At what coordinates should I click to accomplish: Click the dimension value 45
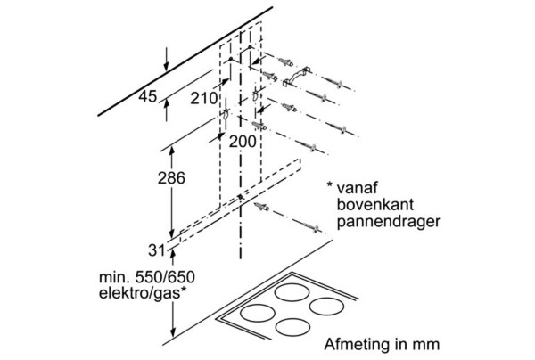147,97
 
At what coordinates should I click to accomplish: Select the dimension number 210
204,99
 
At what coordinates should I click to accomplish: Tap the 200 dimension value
243,141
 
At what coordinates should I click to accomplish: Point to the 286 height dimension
171,178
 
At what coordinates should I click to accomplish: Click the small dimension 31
157,251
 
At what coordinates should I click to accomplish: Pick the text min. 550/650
147,277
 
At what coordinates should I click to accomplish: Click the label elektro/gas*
143,293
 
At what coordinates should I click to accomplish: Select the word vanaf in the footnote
358,187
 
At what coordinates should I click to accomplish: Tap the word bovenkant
375,204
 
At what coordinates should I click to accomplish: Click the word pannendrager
389,222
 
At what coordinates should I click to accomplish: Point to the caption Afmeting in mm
382,344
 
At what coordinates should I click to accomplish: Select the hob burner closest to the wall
292,293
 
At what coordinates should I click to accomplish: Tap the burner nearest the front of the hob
292,327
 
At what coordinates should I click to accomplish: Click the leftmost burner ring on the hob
258,314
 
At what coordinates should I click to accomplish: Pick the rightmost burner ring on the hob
327,307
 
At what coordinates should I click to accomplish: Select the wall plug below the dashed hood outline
261,207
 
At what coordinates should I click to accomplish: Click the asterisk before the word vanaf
330,185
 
